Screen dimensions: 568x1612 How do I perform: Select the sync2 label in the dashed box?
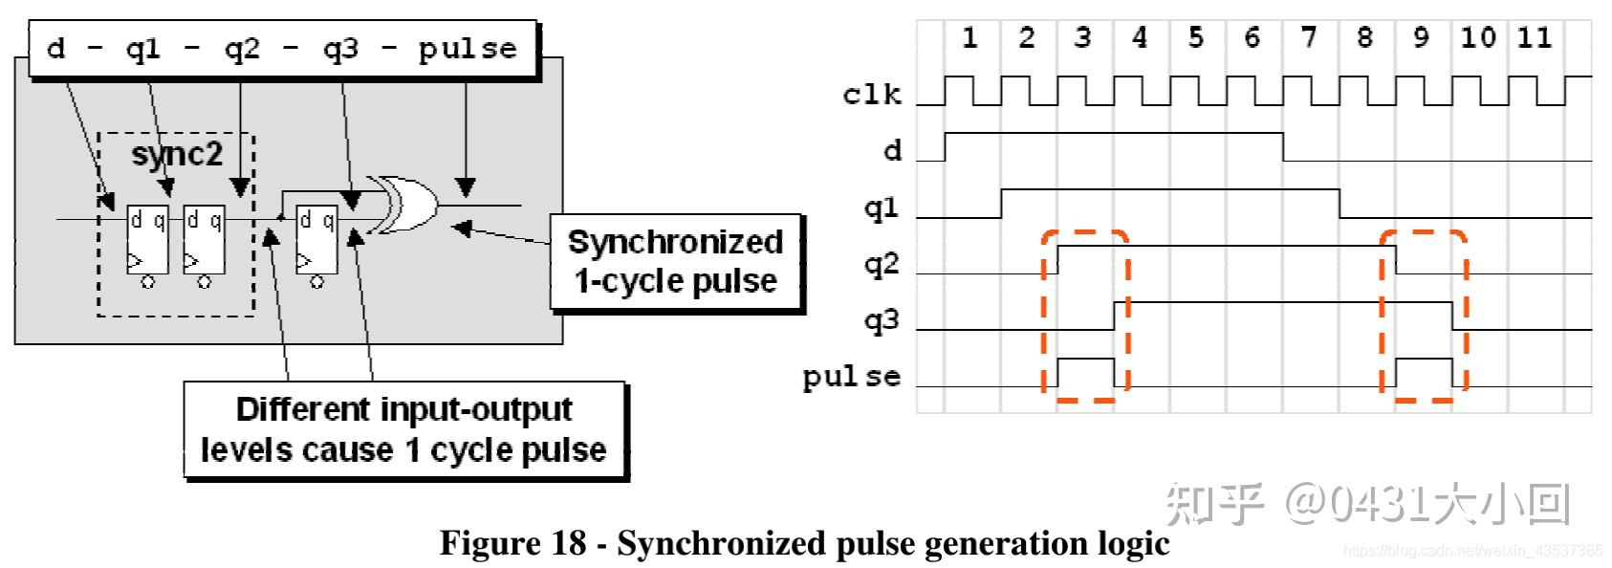pos(177,153)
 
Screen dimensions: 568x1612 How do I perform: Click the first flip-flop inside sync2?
pos(148,240)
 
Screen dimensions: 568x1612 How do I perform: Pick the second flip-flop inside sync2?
pos(204,240)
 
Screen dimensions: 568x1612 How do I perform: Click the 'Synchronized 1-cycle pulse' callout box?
pos(675,262)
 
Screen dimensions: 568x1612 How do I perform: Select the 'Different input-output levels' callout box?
pos(403,429)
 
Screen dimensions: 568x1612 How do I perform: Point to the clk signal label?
pos(872,94)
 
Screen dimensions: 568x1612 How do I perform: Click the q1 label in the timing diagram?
pos(882,208)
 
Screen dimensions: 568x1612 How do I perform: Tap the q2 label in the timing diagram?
pos(882,263)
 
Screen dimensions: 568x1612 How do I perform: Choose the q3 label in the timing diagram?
pos(882,319)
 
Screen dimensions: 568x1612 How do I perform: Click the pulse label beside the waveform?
pos(852,377)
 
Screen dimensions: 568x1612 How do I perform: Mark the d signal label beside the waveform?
pos(892,150)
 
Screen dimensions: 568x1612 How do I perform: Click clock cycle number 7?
pos(1309,37)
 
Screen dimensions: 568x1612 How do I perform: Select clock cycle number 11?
pos(1535,37)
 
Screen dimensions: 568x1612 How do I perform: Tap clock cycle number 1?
pos(969,37)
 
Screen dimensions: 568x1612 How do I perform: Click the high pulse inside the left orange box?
pos(1086,372)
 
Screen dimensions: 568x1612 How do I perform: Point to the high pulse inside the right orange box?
pos(1425,372)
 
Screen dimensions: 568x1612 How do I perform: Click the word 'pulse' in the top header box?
pos(468,49)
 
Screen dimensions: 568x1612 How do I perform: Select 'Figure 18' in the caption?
pos(512,543)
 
